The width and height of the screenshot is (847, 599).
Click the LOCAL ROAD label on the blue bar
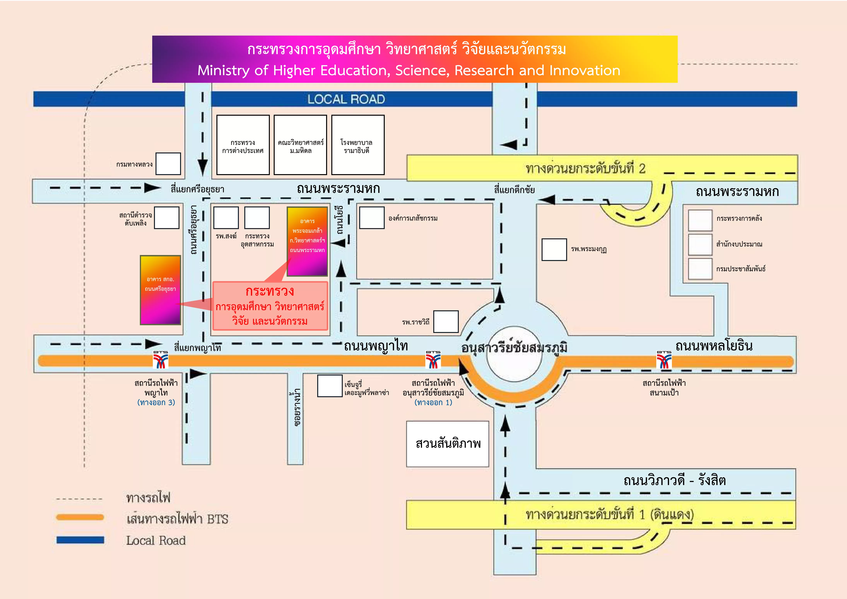(x=346, y=99)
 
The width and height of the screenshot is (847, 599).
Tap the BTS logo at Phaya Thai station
(x=161, y=360)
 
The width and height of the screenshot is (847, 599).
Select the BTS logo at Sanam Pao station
(x=664, y=360)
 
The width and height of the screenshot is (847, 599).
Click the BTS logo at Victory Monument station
(x=433, y=360)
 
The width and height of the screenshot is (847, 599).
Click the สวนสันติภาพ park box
(x=447, y=444)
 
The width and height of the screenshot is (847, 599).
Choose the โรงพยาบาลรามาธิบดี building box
(x=357, y=145)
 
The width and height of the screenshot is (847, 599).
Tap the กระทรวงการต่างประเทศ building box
(x=243, y=145)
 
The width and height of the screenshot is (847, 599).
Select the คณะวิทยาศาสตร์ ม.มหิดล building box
(x=300, y=145)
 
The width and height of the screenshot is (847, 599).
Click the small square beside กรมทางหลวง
(x=168, y=163)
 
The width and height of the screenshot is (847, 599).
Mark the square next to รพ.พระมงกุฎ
(x=554, y=250)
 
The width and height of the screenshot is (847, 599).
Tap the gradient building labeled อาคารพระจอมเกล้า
(x=307, y=241)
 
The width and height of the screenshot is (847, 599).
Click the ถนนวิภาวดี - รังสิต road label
(x=674, y=481)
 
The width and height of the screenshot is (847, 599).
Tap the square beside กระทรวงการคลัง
(x=700, y=220)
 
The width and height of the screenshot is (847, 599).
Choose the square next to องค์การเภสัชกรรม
(x=372, y=218)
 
